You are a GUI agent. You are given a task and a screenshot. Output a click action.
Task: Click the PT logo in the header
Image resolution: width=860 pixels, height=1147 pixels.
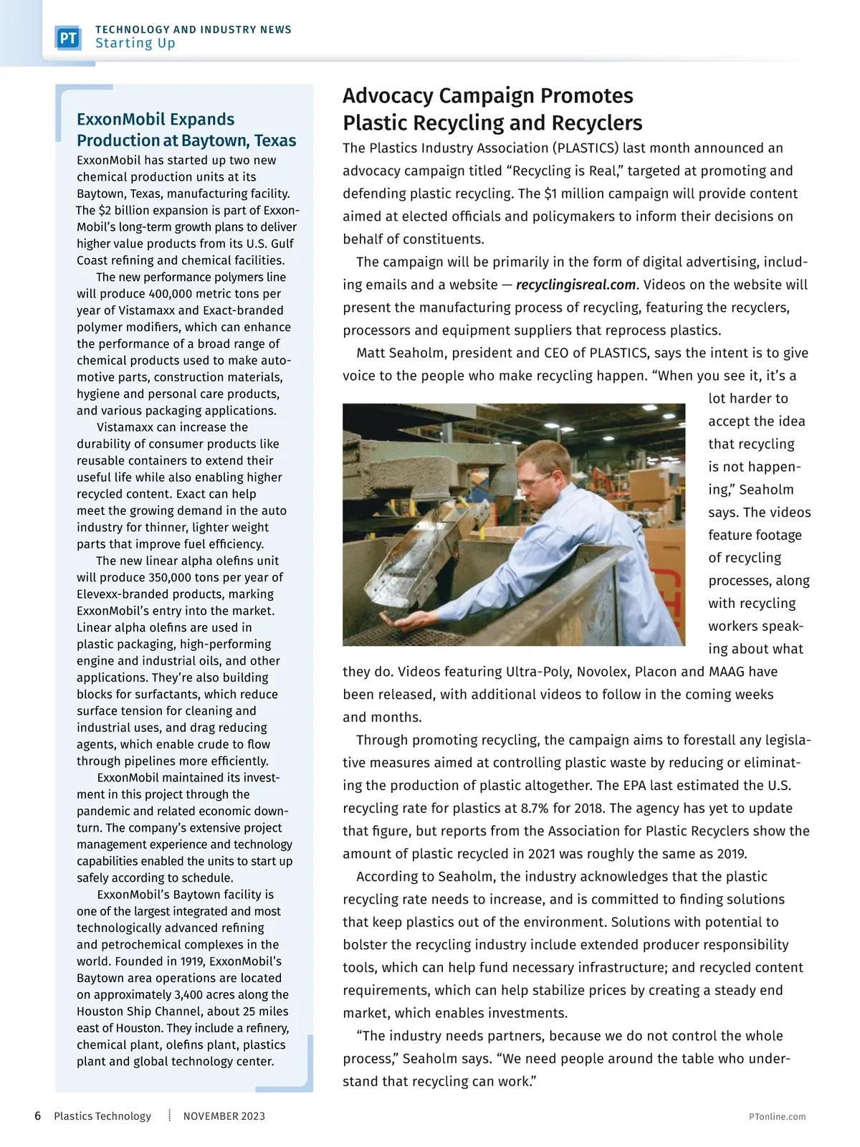tap(68, 37)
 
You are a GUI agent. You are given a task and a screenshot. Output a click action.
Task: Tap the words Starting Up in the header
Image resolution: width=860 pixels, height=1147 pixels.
tap(135, 43)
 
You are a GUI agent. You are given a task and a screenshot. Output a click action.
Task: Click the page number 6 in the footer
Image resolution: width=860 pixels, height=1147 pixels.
tap(38, 1115)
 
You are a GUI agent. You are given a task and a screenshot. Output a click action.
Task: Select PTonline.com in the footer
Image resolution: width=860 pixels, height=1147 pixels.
tap(777, 1116)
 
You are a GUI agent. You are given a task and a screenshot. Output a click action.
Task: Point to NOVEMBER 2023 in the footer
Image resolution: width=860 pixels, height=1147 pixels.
tap(224, 1115)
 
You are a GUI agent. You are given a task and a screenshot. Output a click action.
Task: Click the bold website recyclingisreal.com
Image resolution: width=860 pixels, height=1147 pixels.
tap(575, 285)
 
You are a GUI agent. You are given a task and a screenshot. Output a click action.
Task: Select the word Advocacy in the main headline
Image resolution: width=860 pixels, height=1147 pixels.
tap(388, 95)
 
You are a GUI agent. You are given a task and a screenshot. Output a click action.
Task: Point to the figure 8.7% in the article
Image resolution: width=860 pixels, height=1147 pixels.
tap(535, 809)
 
